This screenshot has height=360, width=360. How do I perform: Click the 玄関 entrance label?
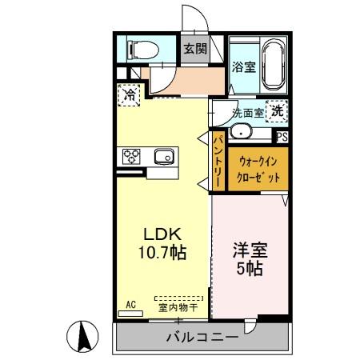194,49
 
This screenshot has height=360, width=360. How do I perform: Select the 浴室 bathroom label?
244,67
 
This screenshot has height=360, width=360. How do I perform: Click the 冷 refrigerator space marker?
129,94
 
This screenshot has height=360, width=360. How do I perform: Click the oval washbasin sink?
241,133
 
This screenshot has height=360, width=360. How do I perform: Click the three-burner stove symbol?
132,157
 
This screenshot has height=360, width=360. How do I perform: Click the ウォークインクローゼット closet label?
258,169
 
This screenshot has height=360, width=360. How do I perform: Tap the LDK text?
164,235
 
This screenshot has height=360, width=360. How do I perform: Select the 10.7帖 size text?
164,254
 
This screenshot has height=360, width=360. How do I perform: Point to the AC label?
132,303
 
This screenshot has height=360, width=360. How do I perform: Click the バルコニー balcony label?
202,338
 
